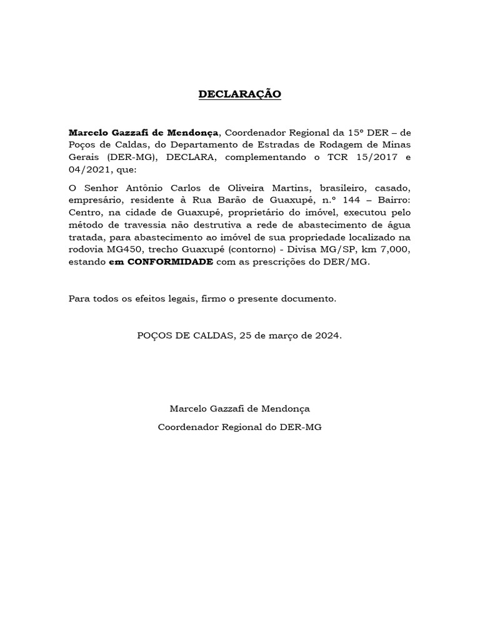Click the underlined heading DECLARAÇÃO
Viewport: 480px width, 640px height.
pos(240,94)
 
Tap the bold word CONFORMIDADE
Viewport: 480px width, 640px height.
pos(170,262)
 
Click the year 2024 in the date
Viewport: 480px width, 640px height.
pos(327,336)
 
